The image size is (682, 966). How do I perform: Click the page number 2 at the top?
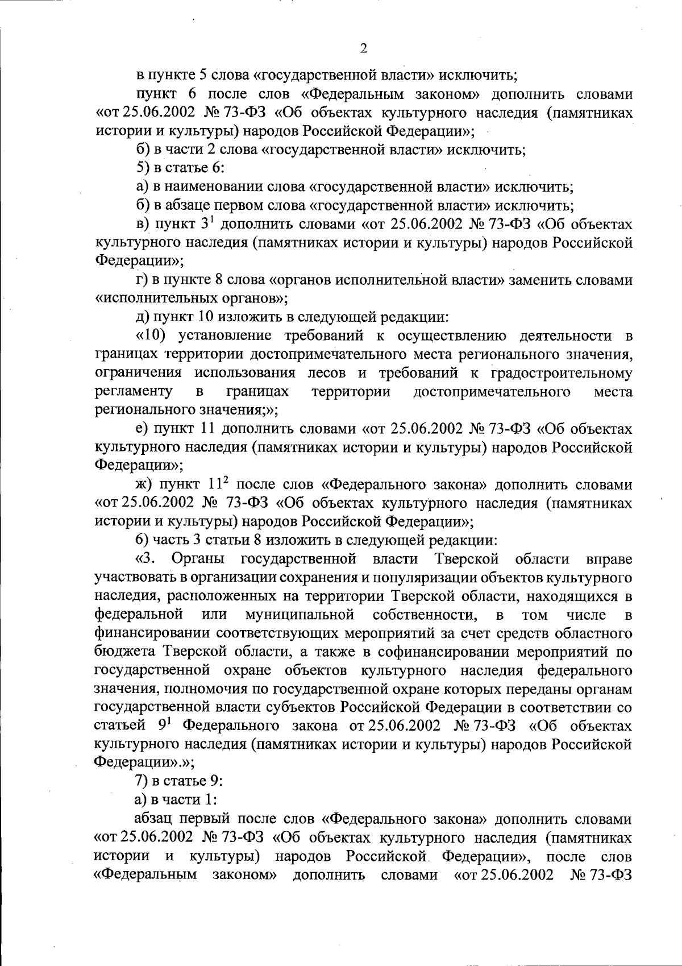(x=364, y=48)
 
